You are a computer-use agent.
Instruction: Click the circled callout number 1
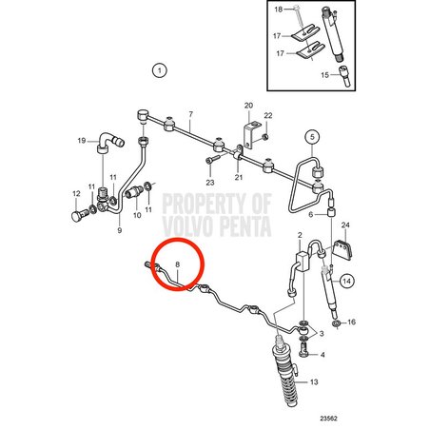160,70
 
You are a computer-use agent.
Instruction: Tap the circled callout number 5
312,137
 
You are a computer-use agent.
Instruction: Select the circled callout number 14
347,281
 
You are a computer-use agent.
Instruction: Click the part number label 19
82,140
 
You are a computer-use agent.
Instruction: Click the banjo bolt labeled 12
79,216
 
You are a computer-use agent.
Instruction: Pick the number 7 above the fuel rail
190,114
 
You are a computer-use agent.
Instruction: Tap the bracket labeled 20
250,133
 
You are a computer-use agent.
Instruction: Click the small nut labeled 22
266,137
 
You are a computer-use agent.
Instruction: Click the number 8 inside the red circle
178,264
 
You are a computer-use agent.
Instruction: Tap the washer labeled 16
337,324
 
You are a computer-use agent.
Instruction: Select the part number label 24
345,225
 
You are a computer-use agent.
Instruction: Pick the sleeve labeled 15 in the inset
344,75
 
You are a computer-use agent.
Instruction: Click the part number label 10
137,215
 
